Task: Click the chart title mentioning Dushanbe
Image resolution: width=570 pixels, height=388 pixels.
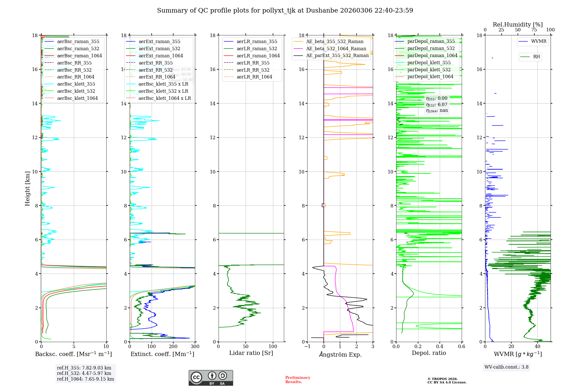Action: point(285,11)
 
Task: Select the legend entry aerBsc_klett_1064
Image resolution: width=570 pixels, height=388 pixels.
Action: point(77,98)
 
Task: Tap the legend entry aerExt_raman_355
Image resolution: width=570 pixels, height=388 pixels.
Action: point(159,42)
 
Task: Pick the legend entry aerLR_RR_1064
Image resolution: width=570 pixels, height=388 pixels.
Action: point(254,77)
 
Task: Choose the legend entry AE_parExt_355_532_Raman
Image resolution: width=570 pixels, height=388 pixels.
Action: point(337,56)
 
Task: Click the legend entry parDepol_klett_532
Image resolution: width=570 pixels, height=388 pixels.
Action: point(429,70)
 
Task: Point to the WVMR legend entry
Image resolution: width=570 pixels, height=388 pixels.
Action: point(539,41)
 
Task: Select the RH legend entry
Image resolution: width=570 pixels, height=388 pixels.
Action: point(536,57)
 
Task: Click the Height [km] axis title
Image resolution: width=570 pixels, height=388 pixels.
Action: point(27,188)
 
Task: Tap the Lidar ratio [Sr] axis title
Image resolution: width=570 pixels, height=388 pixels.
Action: point(251,353)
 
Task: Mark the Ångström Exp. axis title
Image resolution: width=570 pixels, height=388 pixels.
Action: point(340,354)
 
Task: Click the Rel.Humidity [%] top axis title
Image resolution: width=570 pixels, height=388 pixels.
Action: point(518,25)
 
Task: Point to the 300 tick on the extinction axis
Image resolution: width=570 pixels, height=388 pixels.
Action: point(195,347)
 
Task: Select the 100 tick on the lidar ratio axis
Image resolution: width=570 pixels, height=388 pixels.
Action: point(273,347)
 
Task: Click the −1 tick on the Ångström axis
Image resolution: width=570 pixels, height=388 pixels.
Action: point(307,347)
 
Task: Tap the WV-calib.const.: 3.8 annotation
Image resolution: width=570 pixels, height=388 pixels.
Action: point(506,367)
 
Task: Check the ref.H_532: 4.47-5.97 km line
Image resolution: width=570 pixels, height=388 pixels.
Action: point(84,373)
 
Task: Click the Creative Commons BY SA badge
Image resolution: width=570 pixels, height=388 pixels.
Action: point(211,378)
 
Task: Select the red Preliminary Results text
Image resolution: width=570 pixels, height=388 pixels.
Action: point(298,379)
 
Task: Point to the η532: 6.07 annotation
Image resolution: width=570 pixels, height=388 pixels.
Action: point(437,105)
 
